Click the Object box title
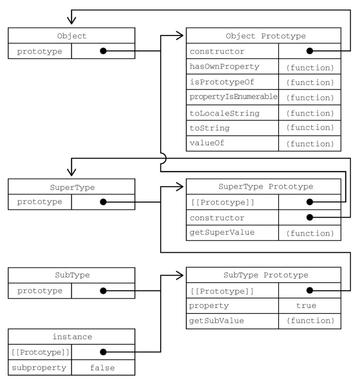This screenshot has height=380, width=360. pyautogui.click(x=72, y=36)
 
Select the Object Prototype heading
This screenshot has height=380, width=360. pyautogui.click(x=266, y=36)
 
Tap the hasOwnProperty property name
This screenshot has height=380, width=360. pyautogui.click(x=224, y=67)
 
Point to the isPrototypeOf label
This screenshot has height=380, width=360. pyautogui.click(x=222, y=82)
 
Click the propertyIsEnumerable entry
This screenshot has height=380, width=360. pyautogui.click(x=233, y=97)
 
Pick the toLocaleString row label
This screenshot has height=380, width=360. pyautogui.click(x=225, y=113)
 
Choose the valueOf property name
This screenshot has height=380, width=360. pyautogui.click(x=207, y=143)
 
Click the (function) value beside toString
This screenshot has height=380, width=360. pyautogui.click(x=310, y=128)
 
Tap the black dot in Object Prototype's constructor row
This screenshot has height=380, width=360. pyautogui.click(x=310, y=51)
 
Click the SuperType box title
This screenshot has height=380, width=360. pyautogui.click(x=72, y=187)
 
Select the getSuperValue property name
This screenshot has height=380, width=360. pyautogui.click(x=222, y=232)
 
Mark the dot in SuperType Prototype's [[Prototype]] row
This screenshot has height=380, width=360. pyautogui.click(x=310, y=202)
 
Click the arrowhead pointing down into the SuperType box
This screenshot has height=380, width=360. pyautogui.click(x=72, y=172)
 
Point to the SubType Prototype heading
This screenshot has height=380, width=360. pyautogui.click(x=266, y=275)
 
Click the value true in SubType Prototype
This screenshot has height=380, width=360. pyautogui.click(x=306, y=305)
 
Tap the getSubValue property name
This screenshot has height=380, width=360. pyautogui.click(x=217, y=321)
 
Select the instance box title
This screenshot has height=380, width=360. pyautogui.click(x=72, y=337)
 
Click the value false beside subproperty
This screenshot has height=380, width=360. pyautogui.click(x=102, y=368)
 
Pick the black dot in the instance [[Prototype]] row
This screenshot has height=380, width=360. pyautogui.click(x=103, y=352)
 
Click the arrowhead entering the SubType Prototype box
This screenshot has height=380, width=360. pyautogui.click(x=179, y=275)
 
